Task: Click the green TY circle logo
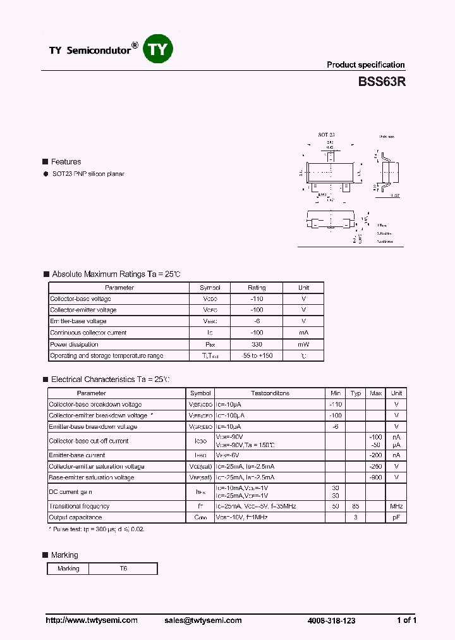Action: click(157, 49)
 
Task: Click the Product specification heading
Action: click(365, 65)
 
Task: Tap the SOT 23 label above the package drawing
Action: click(326, 135)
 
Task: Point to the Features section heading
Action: click(66, 162)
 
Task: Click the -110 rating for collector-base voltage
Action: click(257, 298)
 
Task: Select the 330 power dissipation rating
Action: click(257, 344)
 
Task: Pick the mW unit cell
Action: click(304, 344)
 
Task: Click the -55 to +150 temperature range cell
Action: click(257, 355)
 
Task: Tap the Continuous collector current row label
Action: click(88, 333)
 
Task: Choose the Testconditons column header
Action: click(270, 393)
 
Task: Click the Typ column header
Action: click(356, 393)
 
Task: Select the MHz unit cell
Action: click(396, 506)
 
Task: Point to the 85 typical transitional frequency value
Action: click(356, 506)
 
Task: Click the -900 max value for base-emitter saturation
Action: click(376, 477)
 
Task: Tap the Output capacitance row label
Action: click(75, 517)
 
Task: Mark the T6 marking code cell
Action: click(123, 569)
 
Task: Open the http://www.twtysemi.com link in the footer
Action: click(92, 620)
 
